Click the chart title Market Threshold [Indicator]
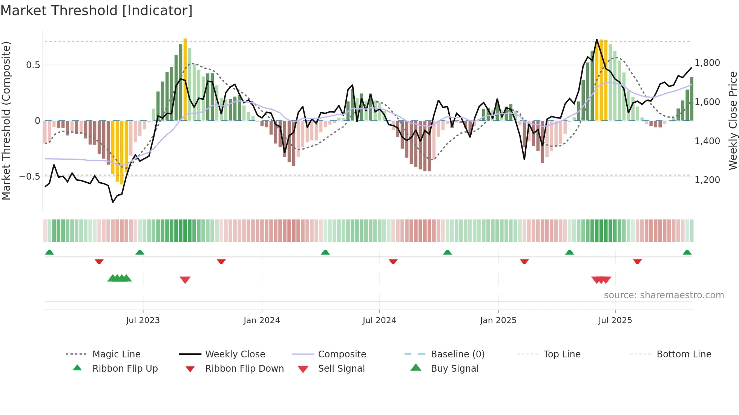[97, 11]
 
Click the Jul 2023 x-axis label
[143, 320]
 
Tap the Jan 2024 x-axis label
[262, 320]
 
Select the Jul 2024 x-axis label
[379, 320]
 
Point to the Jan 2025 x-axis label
[498, 320]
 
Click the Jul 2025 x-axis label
[615, 320]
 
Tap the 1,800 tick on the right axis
[707, 63]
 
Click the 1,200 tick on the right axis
[707, 180]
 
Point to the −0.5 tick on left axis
[29, 176]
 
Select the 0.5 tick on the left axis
[33, 65]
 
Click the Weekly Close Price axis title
[733, 121]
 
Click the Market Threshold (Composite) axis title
[6, 121]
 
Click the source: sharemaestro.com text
[664, 295]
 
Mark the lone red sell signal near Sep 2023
[185, 280]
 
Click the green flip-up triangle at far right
[687, 252]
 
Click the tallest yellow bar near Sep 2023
[185, 79]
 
